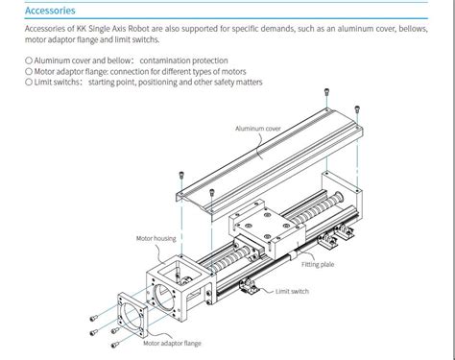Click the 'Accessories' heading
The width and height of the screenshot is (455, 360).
tap(49, 11)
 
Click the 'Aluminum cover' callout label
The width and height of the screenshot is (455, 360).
tap(258, 128)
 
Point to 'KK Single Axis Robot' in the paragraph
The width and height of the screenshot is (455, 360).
tap(115, 28)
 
